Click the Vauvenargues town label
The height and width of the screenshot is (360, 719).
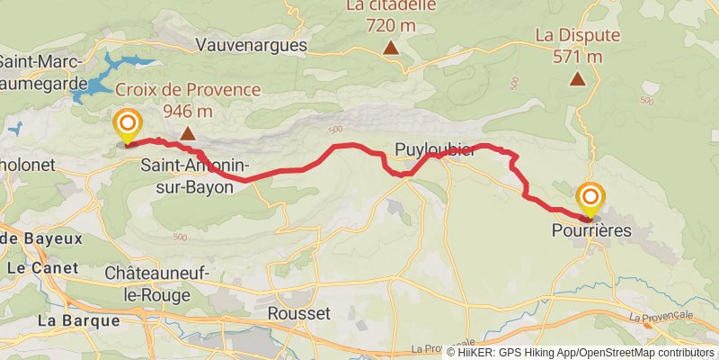tap(251, 45)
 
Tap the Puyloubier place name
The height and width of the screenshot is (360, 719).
tap(435, 149)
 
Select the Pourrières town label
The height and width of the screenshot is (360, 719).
tap(592, 231)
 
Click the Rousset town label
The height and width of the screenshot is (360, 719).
tap(299, 313)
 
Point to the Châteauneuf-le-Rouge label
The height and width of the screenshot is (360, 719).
tap(147, 283)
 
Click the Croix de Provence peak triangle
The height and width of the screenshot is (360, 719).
tap(188, 134)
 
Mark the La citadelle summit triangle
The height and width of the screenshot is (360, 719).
tap(391, 48)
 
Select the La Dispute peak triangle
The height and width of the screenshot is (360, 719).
tap(578, 78)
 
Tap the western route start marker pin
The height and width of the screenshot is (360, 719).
tap(127, 125)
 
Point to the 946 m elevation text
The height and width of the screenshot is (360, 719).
tap(188, 112)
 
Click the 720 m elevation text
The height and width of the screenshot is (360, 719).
tap(391, 25)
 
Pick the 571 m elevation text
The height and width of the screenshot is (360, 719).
tap(578, 57)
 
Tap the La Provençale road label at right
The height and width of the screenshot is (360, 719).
tap(661, 317)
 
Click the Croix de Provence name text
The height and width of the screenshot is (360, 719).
tap(188, 90)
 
